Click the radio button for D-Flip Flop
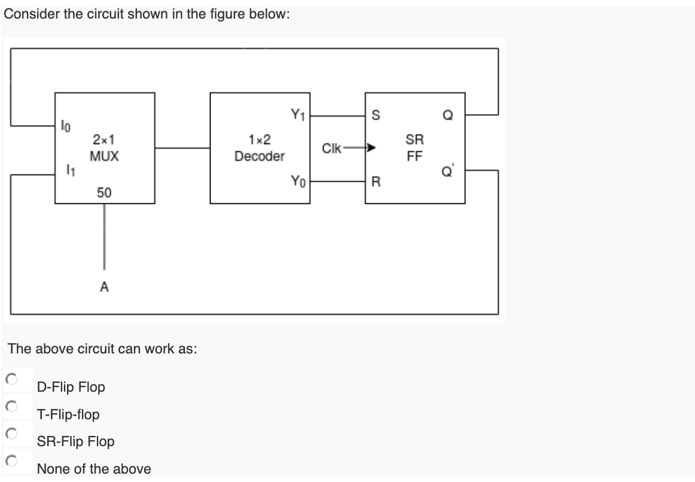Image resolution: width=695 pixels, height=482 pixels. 10,379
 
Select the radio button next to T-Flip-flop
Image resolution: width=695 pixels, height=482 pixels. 10,406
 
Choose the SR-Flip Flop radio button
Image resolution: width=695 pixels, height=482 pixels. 10,433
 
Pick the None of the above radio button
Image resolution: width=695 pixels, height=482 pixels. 10,460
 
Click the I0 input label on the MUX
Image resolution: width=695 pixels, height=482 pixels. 66,126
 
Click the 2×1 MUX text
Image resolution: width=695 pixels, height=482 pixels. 104,148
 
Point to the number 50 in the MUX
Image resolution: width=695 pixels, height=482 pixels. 104,193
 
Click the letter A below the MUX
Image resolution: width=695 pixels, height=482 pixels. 104,288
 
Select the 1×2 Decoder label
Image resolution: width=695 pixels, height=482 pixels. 260,148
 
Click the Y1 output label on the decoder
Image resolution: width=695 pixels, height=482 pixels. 297,113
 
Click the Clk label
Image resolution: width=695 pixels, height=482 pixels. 331,148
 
